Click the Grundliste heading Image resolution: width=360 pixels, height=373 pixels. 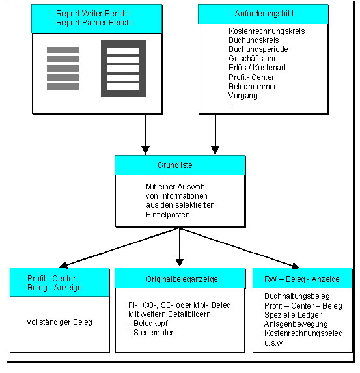pos(175,165)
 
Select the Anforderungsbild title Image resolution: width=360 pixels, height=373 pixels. pos(264,14)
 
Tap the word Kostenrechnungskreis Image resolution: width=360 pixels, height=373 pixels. pos(266,31)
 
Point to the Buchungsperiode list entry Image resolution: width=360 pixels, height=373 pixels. pos(258,49)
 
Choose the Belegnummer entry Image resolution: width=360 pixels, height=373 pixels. pos(252,87)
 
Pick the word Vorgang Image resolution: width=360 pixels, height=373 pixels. pos(243,96)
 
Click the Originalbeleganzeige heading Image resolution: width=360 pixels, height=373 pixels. pos(182,279)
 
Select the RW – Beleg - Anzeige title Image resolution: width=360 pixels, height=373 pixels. pos(301,279)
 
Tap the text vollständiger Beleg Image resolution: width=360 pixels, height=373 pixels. pos(59,322)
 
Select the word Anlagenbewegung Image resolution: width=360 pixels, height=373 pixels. pos(296,324)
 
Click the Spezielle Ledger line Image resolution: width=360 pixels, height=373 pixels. pos(293,315)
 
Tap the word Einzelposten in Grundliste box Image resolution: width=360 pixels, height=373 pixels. pos(168,215)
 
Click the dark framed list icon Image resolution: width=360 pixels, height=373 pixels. pos(124,68)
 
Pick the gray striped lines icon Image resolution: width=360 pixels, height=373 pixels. pos(62,68)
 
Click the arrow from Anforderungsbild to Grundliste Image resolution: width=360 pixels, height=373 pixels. pos(215,134)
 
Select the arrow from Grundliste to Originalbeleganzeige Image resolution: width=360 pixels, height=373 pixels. pos(180,247)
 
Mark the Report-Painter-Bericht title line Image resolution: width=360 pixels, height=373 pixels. pos(94,23)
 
